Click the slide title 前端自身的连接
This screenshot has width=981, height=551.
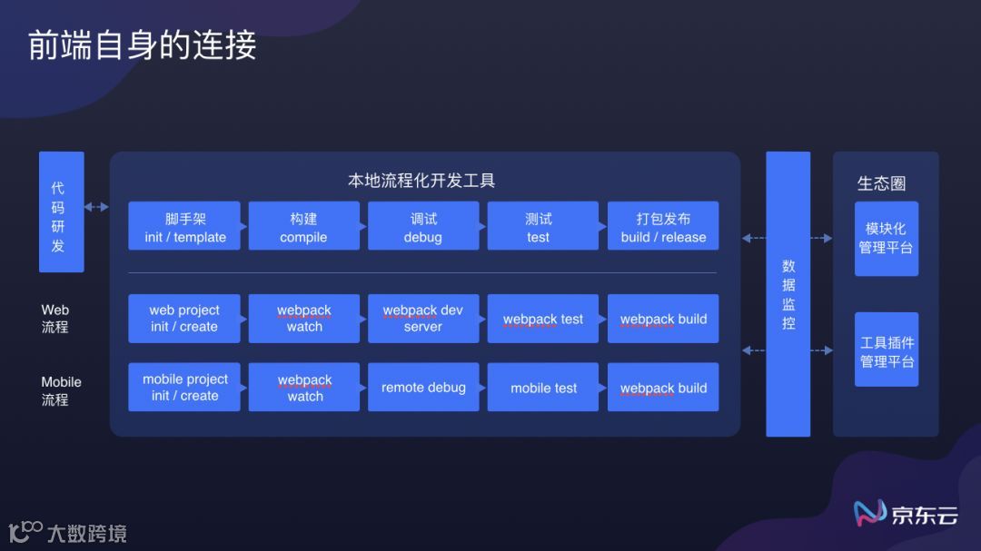pos(143,45)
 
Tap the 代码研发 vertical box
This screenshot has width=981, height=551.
pos(61,212)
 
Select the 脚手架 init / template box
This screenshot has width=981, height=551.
pos(184,227)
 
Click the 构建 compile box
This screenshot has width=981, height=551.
pos(303,227)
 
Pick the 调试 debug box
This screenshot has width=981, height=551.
pos(423,227)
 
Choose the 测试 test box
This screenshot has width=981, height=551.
pos(542,227)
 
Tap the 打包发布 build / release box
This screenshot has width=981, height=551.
pos(663,227)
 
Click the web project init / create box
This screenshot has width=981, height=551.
pos(184,318)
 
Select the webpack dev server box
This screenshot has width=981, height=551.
pos(423,318)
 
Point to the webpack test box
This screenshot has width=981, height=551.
pos(542,319)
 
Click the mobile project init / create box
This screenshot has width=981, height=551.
pos(184,388)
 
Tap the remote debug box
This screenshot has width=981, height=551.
pos(423,388)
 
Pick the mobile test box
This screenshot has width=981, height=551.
pos(542,388)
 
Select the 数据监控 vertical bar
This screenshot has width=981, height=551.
pos(788,294)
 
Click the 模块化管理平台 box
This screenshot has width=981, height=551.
pos(887,238)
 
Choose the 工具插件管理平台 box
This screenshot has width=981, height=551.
pos(887,350)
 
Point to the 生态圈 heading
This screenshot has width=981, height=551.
pos(881,183)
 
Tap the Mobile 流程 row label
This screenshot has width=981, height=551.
pos(61,390)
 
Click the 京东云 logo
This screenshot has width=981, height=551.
pos(906,514)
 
